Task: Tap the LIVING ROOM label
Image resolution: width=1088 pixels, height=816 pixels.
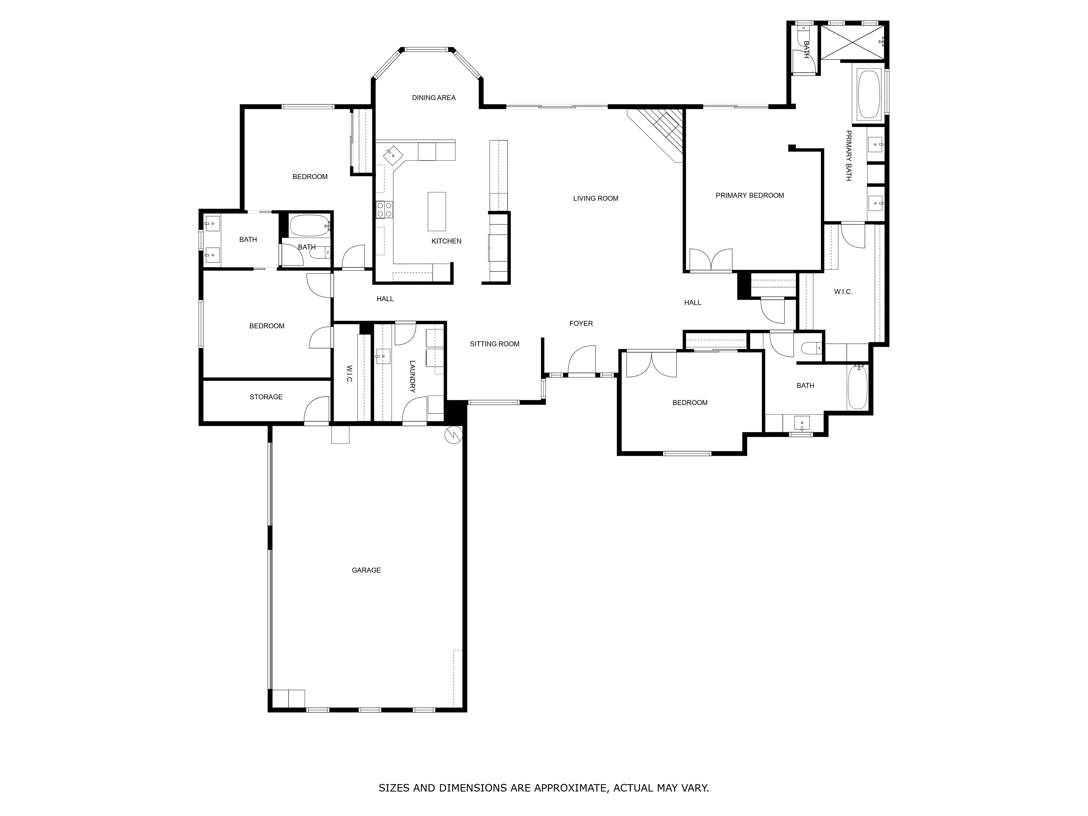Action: (x=596, y=198)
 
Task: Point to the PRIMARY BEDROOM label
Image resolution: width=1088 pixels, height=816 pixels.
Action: (x=750, y=195)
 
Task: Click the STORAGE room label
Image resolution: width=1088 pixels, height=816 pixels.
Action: (x=266, y=397)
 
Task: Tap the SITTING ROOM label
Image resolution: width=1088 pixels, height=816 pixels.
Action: (x=494, y=344)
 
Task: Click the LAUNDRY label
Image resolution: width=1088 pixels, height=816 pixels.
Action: (x=412, y=377)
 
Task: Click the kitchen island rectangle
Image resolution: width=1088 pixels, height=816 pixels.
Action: (x=437, y=212)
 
